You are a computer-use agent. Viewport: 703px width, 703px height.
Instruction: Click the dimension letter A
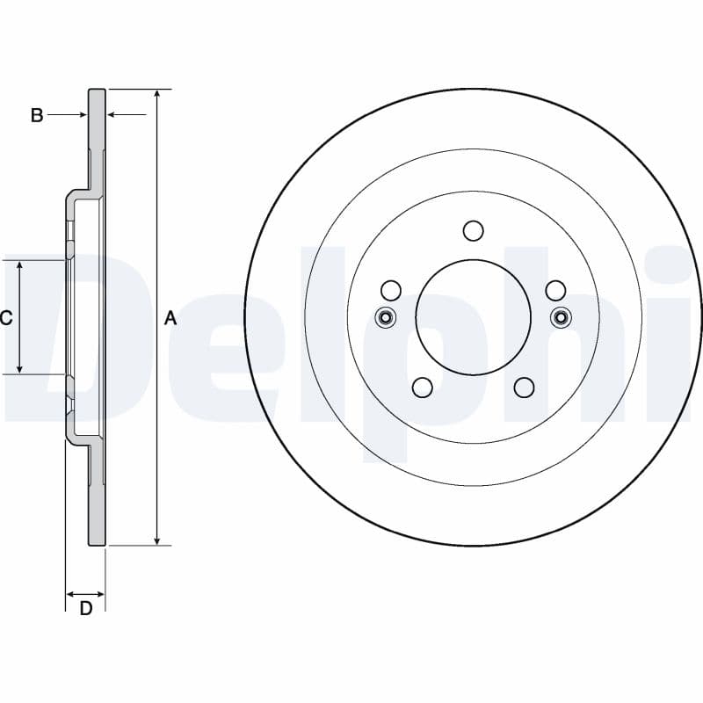tap(170, 318)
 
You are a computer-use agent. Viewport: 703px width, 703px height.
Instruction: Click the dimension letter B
tap(37, 115)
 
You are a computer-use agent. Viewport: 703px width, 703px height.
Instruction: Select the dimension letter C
tap(6, 318)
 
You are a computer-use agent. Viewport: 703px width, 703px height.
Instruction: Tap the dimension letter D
tap(85, 608)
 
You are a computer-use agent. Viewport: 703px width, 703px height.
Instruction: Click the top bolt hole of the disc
tap(473, 231)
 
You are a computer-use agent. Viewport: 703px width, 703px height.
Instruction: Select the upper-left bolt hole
tap(390, 291)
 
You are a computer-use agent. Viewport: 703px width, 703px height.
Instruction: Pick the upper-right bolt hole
tap(555, 291)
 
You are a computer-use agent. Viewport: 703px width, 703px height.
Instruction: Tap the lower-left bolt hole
tap(422, 388)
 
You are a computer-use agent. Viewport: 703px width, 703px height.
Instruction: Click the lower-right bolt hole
tap(524, 388)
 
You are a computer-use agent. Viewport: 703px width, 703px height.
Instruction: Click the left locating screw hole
tap(385, 318)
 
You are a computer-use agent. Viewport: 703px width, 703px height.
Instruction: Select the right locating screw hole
tap(561, 318)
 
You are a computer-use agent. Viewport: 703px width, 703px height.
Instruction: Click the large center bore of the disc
tap(473, 317)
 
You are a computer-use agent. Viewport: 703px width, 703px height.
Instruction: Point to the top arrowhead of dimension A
tap(157, 94)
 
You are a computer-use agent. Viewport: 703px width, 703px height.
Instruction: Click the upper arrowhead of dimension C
tap(19, 265)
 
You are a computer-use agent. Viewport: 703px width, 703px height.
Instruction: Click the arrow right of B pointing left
tap(127, 115)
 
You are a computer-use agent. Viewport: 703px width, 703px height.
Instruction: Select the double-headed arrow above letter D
tap(85, 595)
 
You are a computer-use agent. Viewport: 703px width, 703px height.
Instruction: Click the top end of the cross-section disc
tap(97, 90)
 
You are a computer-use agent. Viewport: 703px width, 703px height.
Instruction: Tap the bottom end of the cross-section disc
tap(97, 544)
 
